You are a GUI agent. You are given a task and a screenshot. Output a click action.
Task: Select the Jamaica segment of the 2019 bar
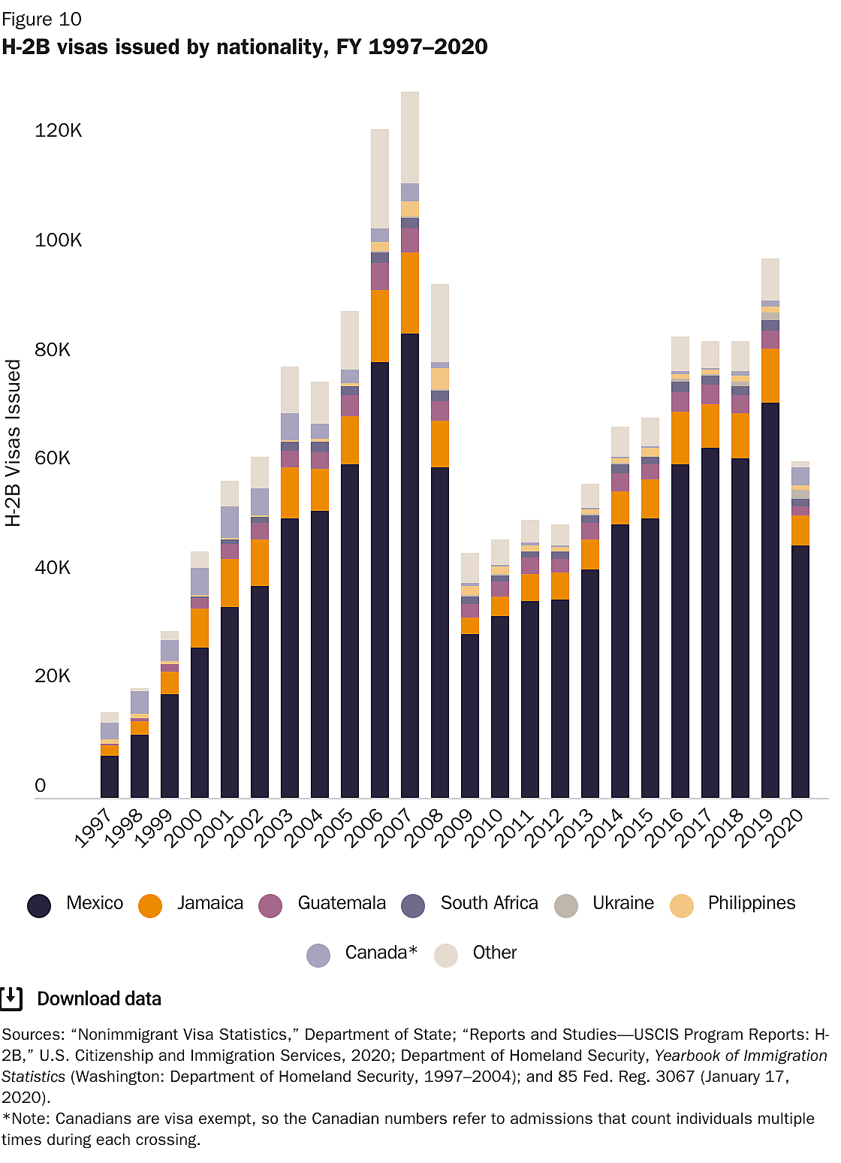pos(770,376)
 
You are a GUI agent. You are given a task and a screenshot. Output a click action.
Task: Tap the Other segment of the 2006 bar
pos(380,179)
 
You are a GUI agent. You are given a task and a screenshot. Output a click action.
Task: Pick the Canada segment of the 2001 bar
pos(230,522)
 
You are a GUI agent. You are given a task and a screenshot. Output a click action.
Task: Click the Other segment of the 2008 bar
pos(440,323)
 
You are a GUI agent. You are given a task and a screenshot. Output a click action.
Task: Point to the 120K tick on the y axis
pos(58,131)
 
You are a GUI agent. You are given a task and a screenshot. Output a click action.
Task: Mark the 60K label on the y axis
pos(53,458)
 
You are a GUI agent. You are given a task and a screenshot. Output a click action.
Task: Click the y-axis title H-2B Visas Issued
pos(14,443)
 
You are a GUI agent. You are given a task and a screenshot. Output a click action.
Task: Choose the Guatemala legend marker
pos(270,905)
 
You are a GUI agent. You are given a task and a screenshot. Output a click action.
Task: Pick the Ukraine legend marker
pos(566,905)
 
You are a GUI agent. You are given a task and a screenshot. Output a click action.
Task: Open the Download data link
pos(98,998)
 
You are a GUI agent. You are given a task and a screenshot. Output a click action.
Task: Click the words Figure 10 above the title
pos(41,19)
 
